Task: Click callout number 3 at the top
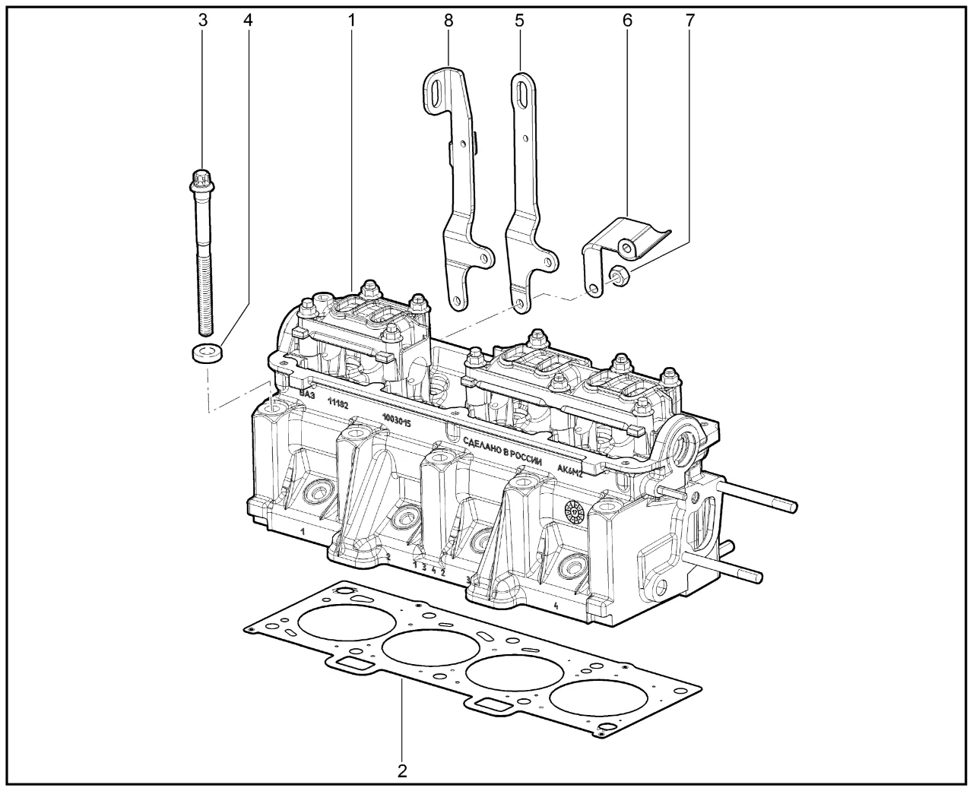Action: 203,20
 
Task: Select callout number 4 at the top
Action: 248,20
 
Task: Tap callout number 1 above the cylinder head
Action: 351,20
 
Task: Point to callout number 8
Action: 448,20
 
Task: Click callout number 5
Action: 519,20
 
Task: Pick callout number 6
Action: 627,20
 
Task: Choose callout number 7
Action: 689,20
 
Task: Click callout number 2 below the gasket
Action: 402,770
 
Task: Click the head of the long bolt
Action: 202,181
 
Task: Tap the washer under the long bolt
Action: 208,353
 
